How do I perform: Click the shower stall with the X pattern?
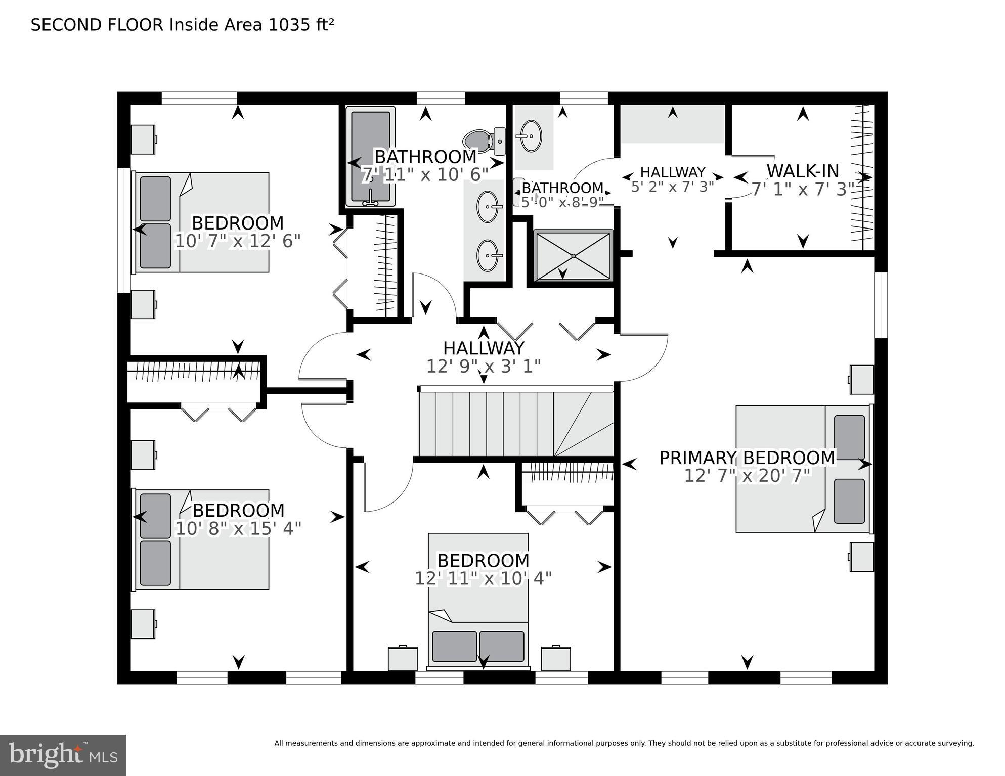[x=573, y=256]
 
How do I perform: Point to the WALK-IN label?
[x=803, y=171]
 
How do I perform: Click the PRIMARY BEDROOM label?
[x=747, y=458]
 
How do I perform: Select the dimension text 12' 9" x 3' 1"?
[x=484, y=366]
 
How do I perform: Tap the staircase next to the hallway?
[x=516, y=424]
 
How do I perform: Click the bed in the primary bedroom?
[x=803, y=469]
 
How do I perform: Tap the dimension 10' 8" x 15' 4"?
[x=238, y=529]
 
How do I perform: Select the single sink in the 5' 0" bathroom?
[x=531, y=135]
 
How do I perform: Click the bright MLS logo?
[x=63, y=755]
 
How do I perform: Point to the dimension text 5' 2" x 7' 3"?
[x=672, y=187]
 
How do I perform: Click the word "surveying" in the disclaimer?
[x=955, y=743]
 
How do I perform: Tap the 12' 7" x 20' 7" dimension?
[x=747, y=476]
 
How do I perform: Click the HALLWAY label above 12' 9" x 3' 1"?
[x=484, y=348]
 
